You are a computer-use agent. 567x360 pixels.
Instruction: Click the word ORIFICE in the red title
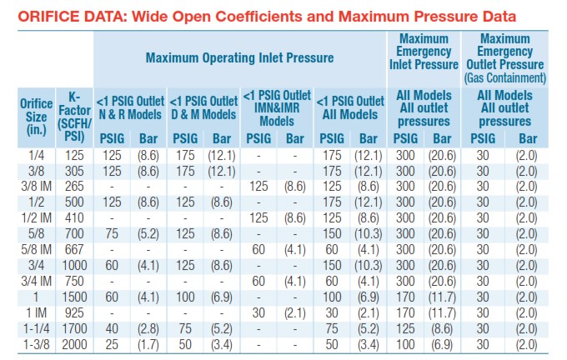[43, 17]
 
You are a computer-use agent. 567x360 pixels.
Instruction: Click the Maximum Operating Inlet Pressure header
[239, 57]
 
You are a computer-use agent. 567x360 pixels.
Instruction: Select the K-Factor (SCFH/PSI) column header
[74, 117]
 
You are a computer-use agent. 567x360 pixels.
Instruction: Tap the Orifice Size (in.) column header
[36, 117]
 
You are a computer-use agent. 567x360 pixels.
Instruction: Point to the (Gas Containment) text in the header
[504, 77]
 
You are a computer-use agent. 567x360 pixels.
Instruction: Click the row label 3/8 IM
[36, 186]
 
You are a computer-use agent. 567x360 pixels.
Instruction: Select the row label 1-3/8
[36, 344]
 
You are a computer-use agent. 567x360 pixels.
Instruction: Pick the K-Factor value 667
[74, 249]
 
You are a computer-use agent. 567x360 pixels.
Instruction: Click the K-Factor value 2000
[74, 344]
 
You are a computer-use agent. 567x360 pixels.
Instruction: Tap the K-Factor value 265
[74, 186]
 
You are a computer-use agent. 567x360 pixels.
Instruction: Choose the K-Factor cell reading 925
[74, 312]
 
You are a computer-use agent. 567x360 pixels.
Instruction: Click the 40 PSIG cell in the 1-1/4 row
[112, 328]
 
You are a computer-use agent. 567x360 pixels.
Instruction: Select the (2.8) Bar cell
[148, 328]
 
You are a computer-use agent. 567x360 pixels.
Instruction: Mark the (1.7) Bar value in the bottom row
[148, 344]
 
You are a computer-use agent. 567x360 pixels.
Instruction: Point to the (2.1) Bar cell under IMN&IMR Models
[294, 312]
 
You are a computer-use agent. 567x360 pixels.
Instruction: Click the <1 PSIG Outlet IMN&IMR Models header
[277, 108]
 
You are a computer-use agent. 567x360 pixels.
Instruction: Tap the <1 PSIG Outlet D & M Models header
[203, 108]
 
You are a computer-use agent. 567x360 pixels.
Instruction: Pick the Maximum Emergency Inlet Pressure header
[424, 52]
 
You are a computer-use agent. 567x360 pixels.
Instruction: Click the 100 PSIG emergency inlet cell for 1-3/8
[405, 344]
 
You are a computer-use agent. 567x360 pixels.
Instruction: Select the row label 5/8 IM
[36, 249]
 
